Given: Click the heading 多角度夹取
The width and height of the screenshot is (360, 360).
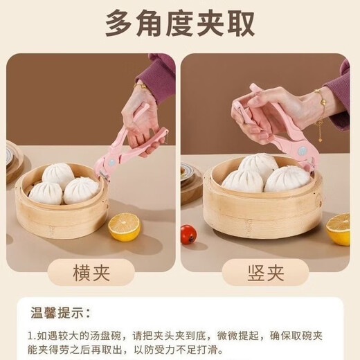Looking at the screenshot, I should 180,24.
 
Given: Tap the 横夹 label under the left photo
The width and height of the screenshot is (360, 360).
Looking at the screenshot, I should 92,272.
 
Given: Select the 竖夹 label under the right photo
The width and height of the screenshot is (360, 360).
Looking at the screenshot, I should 266,272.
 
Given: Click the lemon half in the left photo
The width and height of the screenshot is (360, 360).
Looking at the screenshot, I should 125,227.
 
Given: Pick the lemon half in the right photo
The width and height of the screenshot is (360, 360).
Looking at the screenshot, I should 339,228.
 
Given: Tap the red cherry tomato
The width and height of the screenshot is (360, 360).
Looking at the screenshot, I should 188,233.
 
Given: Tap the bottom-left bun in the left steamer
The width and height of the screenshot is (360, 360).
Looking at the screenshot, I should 46,193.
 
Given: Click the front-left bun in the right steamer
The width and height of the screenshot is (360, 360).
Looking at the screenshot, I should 242,181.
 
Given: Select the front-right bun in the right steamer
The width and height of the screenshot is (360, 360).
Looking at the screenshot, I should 287,179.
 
